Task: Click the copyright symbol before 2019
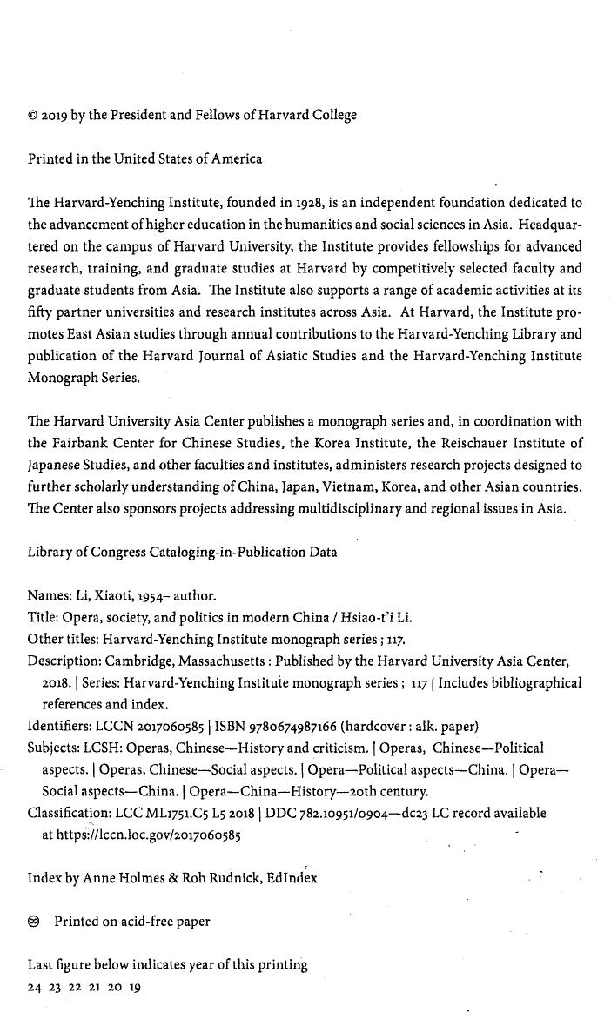[33, 116]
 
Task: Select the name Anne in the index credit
[101, 878]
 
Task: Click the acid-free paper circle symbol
[34, 921]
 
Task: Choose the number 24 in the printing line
[35, 988]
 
